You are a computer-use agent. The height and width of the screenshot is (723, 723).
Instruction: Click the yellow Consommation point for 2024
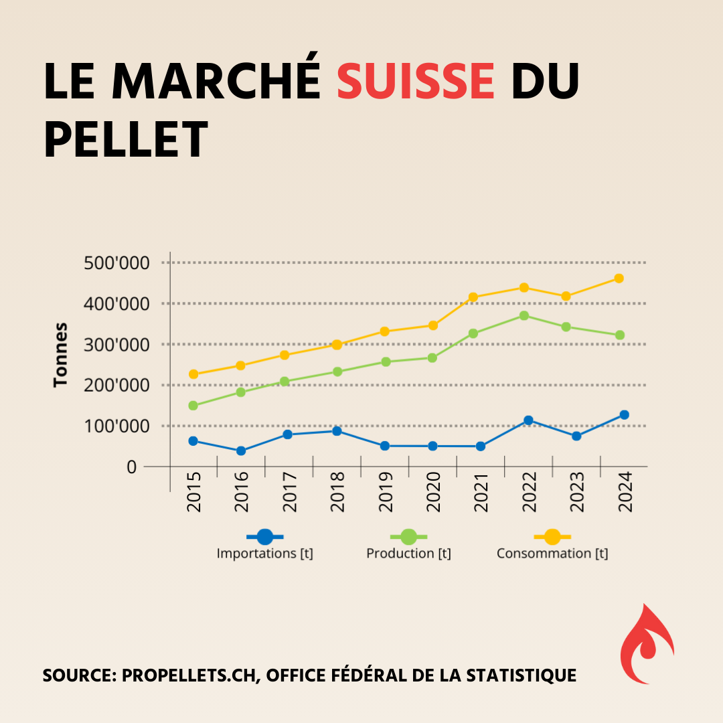619,278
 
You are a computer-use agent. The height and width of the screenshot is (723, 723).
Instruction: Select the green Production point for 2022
524,316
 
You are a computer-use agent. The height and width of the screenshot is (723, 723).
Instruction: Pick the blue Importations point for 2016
241,451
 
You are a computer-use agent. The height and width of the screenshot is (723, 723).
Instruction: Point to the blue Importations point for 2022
528,420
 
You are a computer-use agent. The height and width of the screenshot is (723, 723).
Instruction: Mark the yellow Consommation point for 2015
193,374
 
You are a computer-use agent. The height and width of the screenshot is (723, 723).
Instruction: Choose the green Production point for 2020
432,358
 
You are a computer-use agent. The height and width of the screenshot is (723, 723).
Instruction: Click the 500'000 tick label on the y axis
117,263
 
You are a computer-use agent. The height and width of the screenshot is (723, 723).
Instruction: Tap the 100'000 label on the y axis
117,426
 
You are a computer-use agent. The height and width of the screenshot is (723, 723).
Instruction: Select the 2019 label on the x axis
385,491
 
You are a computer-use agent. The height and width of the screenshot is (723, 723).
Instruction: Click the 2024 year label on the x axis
625,491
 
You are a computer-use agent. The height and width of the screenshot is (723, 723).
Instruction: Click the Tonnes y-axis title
62,354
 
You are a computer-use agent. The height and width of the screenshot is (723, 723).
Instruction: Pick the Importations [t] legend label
265,554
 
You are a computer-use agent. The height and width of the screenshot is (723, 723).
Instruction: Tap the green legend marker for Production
408,537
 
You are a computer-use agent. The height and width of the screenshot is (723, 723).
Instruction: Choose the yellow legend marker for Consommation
552,537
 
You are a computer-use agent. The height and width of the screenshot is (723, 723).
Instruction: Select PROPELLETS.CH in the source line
191,675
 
